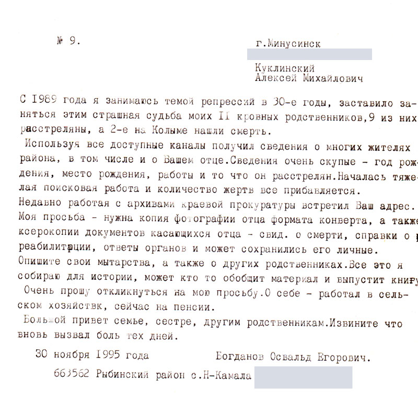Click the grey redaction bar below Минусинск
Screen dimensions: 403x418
(x=309, y=54)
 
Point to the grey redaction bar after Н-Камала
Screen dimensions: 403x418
(x=303, y=377)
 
